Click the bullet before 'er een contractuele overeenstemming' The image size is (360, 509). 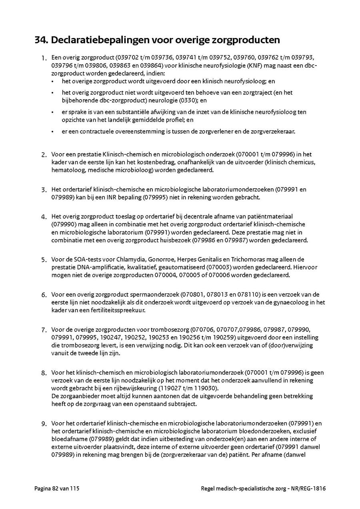[52, 132]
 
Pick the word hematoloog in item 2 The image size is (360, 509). [66, 170]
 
